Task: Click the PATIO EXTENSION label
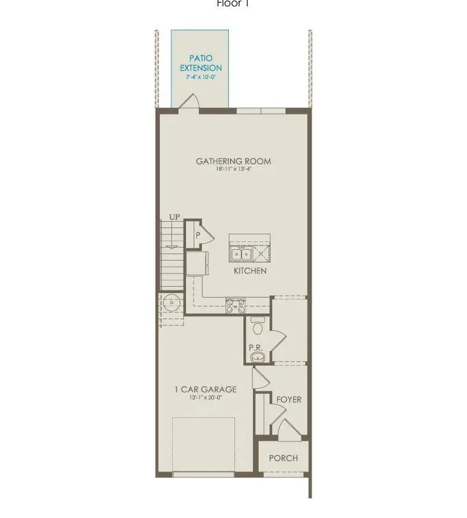201,63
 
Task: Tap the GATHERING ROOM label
233,161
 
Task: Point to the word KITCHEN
250,271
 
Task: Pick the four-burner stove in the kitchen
235,305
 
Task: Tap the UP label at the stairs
175,218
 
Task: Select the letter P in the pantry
198,235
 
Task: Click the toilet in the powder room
258,326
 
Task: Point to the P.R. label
256,348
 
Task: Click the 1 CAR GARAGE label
205,389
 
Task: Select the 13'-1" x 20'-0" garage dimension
205,398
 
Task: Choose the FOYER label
289,400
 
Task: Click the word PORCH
283,458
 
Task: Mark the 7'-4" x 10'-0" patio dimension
200,77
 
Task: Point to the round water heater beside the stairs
170,302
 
